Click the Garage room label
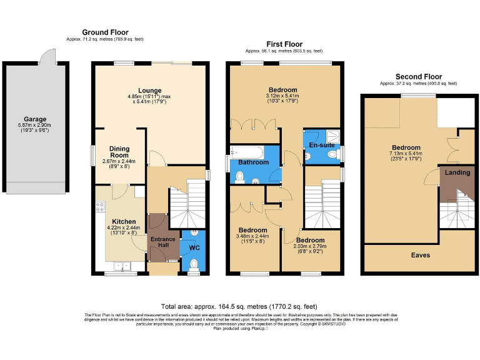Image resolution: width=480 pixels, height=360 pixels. [x=35, y=119]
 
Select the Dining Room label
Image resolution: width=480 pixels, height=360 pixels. [x=119, y=152]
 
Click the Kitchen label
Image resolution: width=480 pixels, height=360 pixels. [x=124, y=221]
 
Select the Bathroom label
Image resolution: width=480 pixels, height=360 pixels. [x=252, y=162]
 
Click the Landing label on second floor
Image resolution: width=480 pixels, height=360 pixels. [x=457, y=173]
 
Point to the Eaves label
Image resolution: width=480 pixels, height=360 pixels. [x=420, y=255]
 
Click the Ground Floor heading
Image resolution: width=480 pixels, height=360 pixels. [x=105, y=32]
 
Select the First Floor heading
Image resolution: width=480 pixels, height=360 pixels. [x=284, y=44]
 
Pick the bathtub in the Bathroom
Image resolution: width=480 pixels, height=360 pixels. [x=245, y=151]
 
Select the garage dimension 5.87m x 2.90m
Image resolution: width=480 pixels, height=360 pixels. [x=35, y=127]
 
